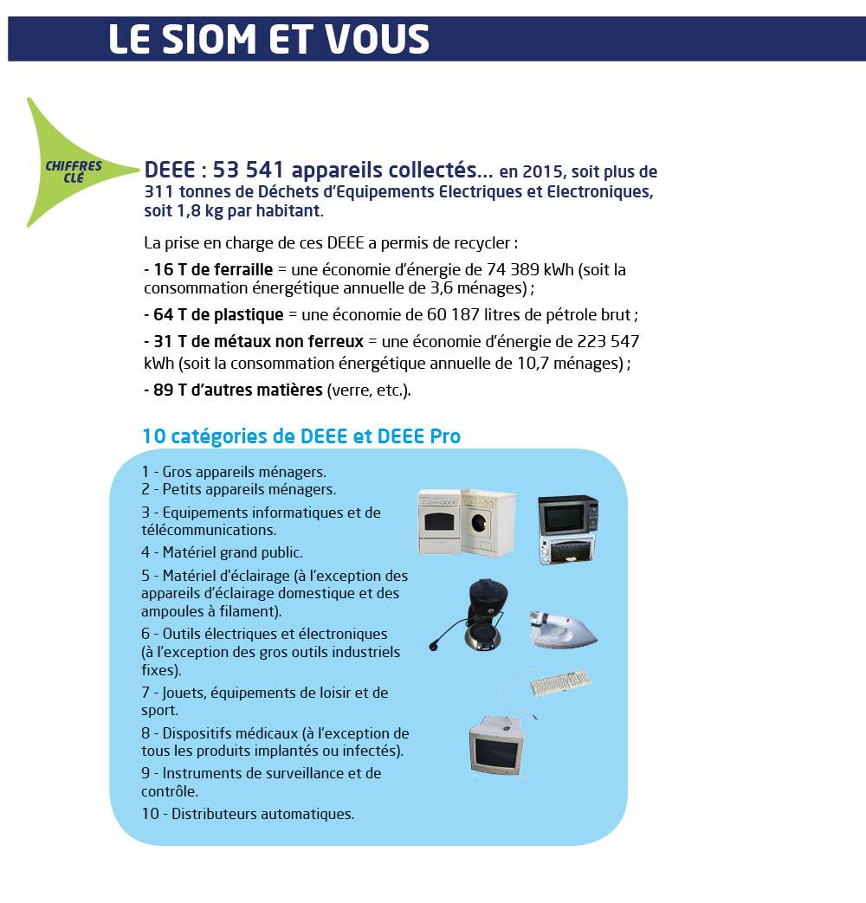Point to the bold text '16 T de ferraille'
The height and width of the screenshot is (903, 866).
[209, 270]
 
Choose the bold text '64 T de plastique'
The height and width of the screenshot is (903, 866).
[214, 314]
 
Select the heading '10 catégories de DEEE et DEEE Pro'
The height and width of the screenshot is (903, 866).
[301, 436]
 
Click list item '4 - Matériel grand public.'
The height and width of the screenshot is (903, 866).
[222, 552]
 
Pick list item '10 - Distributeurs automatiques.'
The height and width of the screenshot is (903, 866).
[248, 814]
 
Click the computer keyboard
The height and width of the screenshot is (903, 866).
[560, 682]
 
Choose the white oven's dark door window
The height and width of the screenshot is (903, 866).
[438, 522]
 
